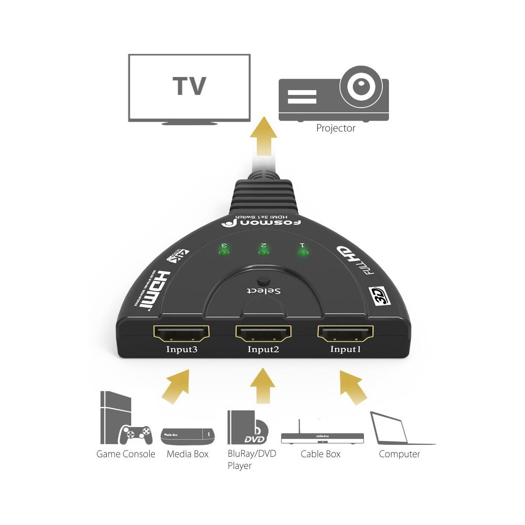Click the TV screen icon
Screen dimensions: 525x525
(189, 87)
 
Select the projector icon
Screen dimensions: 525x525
(333, 94)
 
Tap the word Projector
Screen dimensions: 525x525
(336, 128)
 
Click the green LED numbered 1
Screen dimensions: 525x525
(302, 252)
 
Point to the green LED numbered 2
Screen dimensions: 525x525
(263, 252)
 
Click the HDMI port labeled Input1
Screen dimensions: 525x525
(346, 334)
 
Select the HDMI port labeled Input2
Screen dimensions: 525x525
(263, 334)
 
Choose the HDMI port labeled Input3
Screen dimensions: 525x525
(181, 334)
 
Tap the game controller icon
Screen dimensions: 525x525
(136, 434)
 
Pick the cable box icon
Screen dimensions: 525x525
(322, 436)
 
